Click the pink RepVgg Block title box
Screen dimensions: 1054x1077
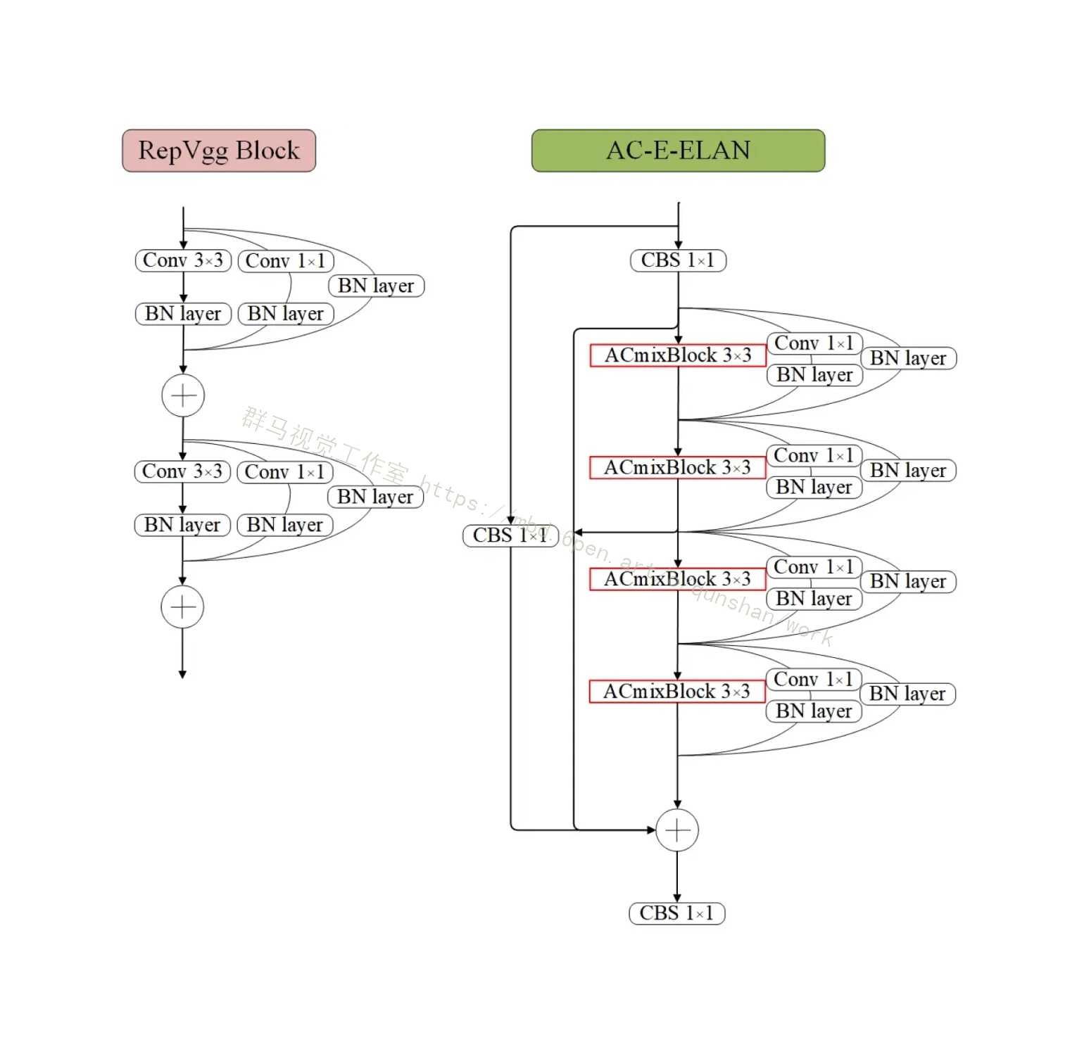[x=219, y=151]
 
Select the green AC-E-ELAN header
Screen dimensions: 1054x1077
[x=678, y=151]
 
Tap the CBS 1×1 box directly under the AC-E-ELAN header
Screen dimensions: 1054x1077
[x=678, y=260]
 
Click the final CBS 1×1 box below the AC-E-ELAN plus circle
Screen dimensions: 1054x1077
[x=676, y=913]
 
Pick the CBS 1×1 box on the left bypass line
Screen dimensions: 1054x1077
[x=510, y=535]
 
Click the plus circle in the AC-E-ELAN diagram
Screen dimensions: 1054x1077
[x=677, y=830]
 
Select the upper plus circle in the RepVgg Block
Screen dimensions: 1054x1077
[x=183, y=395]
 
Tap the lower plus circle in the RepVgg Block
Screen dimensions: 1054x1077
[x=182, y=607]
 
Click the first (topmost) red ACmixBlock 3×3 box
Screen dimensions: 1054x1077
[x=677, y=355]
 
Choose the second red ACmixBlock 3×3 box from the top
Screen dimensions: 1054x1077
[x=677, y=468]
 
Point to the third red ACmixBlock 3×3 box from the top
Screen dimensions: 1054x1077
[x=677, y=579]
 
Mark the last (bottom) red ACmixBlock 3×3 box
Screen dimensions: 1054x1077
[x=676, y=692]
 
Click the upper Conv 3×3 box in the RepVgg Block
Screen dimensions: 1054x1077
[x=183, y=260]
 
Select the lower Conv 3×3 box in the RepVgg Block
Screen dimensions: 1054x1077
[x=182, y=471]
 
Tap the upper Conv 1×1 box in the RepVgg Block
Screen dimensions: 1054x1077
[x=285, y=261]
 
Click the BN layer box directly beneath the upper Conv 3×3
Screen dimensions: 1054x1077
[x=183, y=314]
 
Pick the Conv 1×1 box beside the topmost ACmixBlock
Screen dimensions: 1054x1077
[x=814, y=343]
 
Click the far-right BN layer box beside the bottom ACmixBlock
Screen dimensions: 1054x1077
[x=907, y=694]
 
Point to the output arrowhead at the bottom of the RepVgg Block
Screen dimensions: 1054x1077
[x=182, y=674]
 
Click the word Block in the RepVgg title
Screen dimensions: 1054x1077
[x=267, y=151]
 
